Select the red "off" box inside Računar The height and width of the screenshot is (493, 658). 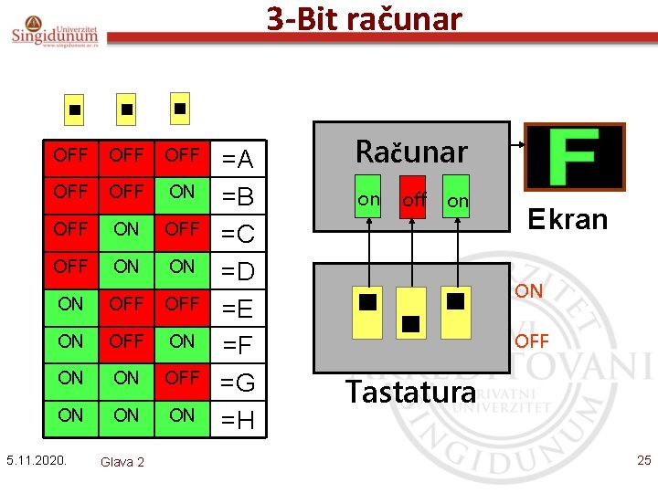click(415, 198)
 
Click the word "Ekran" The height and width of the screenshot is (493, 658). click(568, 219)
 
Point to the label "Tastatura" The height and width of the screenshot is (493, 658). click(410, 392)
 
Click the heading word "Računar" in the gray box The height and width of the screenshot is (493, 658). click(411, 152)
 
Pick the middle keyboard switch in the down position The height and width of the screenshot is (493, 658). click(411, 314)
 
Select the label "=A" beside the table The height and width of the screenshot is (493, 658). click(239, 160)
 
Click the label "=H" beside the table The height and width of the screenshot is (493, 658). click(239, 421)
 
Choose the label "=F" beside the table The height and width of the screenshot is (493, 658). click(239, 346)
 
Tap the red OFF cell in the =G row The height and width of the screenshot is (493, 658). click(182, 378)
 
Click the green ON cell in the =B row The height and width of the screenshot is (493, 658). click(182, 192)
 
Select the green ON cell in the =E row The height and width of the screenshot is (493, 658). click(70, 304)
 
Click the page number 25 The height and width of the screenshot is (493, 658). click(643, 459)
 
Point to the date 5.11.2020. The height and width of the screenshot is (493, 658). click(37, 459)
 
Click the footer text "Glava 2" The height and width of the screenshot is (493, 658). click(122, 462)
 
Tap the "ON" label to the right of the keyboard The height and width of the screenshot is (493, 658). click(528, 291)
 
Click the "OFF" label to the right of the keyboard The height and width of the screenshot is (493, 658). click(531, 341)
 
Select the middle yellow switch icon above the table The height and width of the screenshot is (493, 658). click(126, 109)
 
